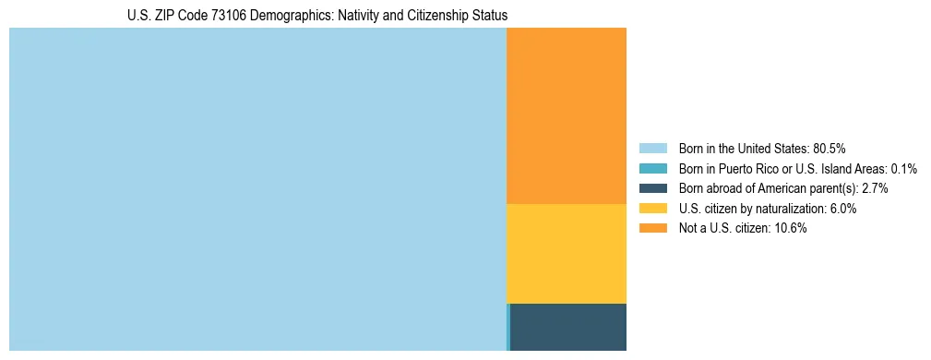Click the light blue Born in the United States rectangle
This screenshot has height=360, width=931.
(x=257, y=189)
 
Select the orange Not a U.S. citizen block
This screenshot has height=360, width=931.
(x=567, y=115)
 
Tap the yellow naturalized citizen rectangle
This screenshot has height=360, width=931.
(x=567, y=253)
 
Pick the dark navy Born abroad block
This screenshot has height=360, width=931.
(x=568, y=327)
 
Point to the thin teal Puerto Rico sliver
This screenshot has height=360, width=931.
(x=508, y=327)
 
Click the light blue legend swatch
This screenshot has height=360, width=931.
(x=652, y=149)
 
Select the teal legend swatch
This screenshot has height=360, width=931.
(x=652, y=169)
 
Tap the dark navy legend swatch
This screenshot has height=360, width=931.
(x=652, y=188)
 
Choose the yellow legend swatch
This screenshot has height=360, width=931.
(x=652, y=209)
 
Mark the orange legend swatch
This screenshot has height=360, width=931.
(x=652, y=229)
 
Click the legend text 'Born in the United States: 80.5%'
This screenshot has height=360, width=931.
(x=762, y=149)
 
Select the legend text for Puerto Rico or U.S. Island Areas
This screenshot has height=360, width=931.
(x=797, y=169)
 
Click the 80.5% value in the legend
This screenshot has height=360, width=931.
(x=830, y=149)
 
